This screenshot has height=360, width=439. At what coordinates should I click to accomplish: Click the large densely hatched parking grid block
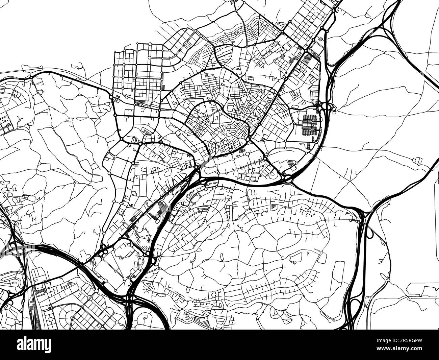tap(309, 124)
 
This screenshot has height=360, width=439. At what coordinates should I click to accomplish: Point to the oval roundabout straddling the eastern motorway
tap(325, 107)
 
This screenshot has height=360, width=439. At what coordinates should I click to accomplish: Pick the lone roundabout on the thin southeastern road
tap(389, 280)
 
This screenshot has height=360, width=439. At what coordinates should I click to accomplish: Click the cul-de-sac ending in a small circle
tap(146, 318)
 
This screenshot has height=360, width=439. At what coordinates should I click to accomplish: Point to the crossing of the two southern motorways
tap(130, 297)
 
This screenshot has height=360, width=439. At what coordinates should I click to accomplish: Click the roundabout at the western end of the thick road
tap(31, 78)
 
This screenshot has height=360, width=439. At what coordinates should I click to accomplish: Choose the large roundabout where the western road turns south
tap(111, 97)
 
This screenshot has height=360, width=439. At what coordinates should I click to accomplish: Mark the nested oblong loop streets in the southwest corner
tap(14, 281)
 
